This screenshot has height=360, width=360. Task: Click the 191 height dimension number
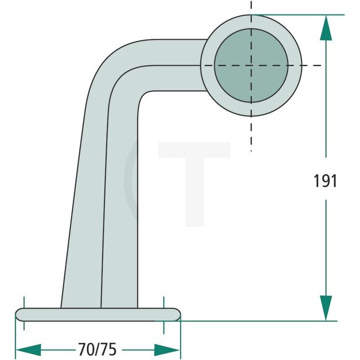point(325,181)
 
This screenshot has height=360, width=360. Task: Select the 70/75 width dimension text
point(97,349)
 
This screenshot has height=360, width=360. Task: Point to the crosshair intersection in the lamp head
point(251,65)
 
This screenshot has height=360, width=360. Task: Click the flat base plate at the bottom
point(97,314)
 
